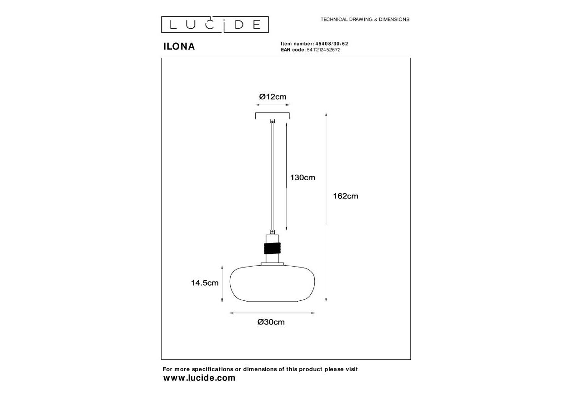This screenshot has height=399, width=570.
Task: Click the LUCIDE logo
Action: tap(215, 25)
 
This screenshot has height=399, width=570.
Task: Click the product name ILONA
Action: tap(179, 46)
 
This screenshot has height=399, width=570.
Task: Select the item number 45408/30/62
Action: tap(332, 44)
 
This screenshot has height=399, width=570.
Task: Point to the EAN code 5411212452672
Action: tap(323, 50)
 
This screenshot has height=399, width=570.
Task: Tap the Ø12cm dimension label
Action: tap(272, 97)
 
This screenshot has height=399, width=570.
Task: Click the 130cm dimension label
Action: tap(303, 177)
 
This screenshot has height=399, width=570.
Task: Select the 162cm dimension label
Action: tap(346, 196)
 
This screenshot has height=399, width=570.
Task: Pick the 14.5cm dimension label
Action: tap(205, 283)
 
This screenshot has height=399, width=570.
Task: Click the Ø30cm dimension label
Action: tap(271, 322)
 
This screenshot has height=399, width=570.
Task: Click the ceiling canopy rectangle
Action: tap(272, 116)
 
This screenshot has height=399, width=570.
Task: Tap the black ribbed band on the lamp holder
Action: tap(272, 248)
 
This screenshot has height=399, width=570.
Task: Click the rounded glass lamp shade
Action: tap(272, 283)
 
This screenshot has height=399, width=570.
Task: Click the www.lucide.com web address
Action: tap(199, 378)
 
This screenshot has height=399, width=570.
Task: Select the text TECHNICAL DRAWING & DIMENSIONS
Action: tap(365, 20)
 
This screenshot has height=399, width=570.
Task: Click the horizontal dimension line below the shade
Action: tap(272, 313)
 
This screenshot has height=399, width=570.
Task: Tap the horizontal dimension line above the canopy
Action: tap(272, 105)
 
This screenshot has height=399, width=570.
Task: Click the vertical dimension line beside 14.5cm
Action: tap(222, 284)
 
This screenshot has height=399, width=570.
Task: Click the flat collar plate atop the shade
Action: tap(272, 264)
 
